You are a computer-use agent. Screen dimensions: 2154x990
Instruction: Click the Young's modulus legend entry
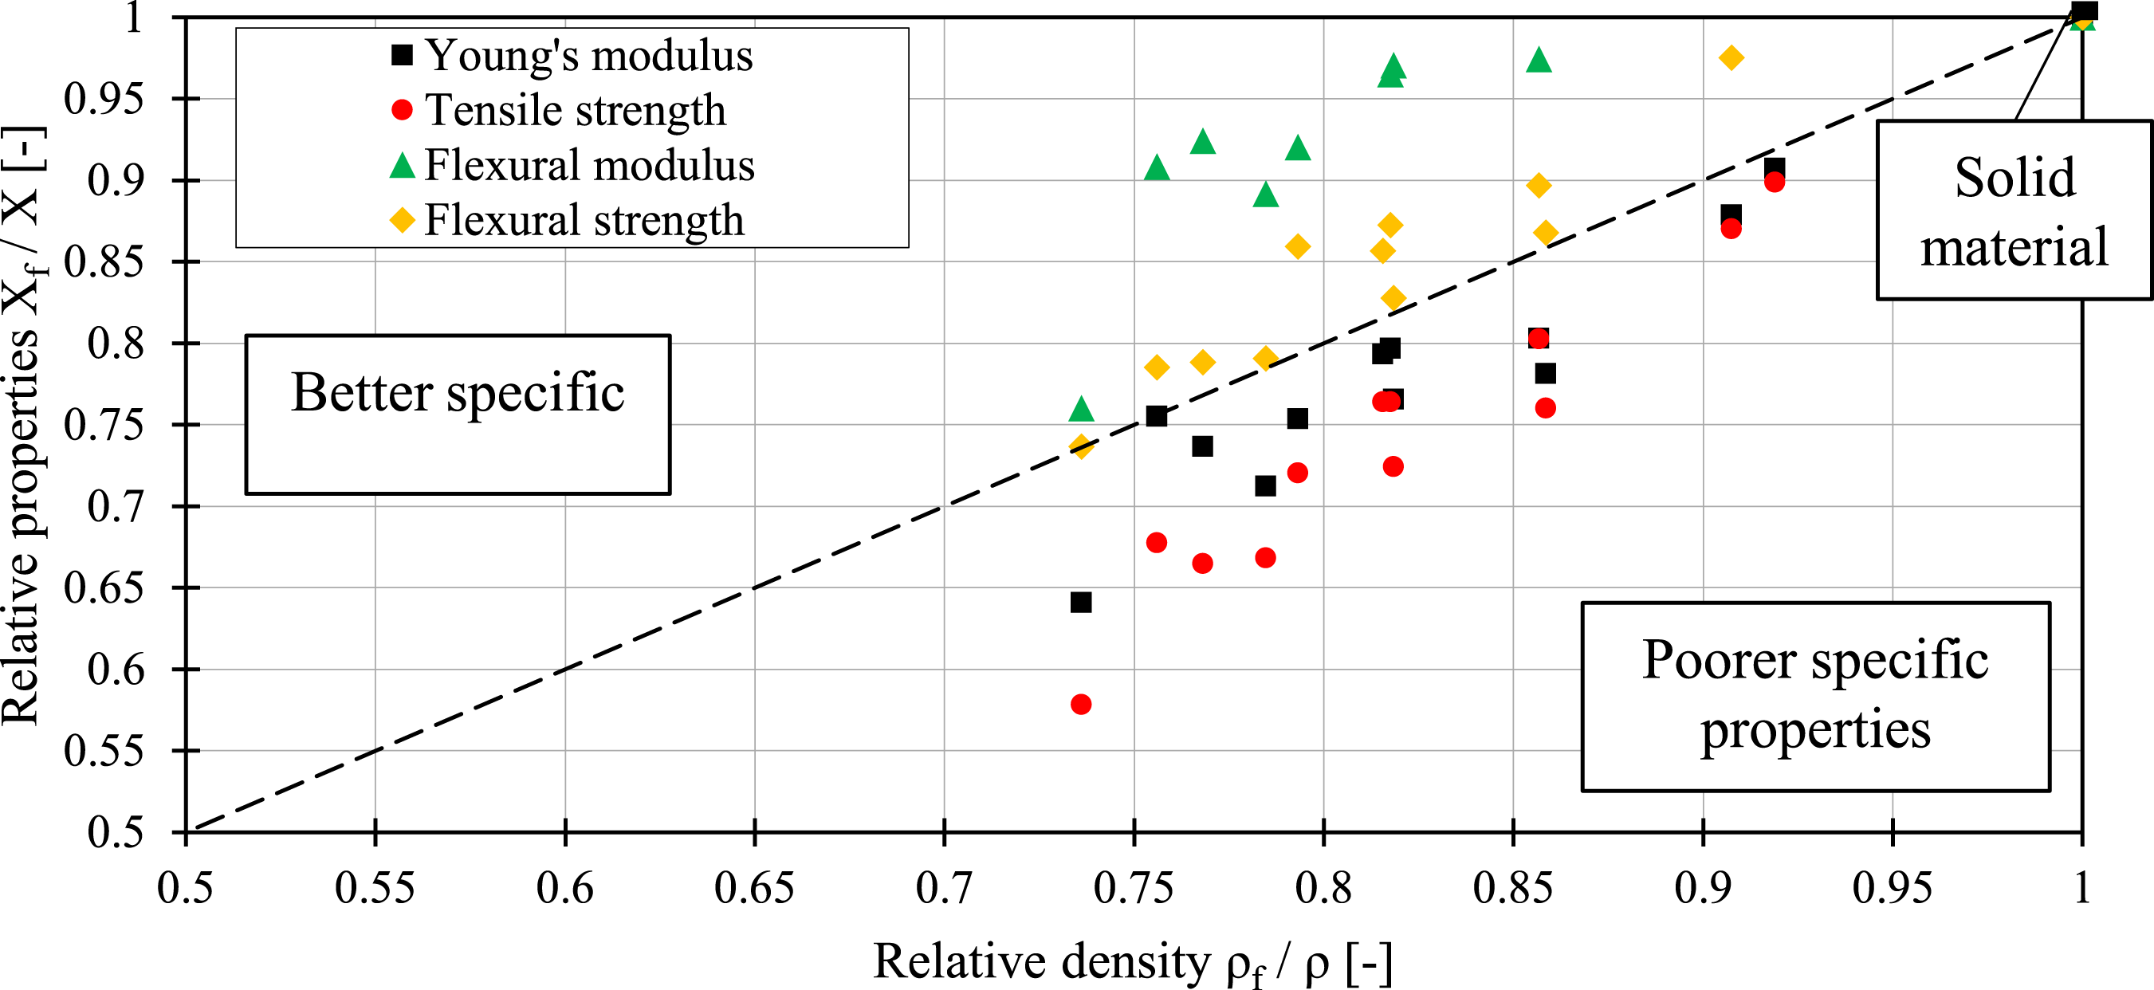pos(572,55)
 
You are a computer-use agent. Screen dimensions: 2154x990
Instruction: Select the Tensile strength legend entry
pos(559,109)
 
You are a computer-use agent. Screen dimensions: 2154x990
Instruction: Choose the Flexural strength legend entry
pos(567,220)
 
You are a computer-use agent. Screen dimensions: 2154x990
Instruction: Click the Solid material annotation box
pos(2014,210)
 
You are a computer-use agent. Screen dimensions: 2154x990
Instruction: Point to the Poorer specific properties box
pos(1815,696)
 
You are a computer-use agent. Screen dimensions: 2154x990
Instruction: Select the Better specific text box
pos(458,414)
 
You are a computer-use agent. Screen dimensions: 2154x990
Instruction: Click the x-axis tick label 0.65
pos(754,889)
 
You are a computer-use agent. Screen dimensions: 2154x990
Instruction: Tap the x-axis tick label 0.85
pos(1512,889)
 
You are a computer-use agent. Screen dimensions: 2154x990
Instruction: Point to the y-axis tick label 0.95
pos(104,99)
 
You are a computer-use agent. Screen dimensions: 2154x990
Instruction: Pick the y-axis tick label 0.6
pos(116,670)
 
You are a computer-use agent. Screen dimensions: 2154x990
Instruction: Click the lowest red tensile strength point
pos(1080,704)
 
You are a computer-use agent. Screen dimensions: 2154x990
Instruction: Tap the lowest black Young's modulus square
pos(1080,602)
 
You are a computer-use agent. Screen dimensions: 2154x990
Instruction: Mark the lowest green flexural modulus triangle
pos(1081,409)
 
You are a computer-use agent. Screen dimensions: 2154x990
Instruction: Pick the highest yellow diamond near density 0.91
pos(1731,57)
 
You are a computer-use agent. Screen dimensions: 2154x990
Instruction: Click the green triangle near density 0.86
pos(1539,59)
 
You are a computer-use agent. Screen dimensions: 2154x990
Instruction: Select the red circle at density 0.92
pos(1775,183)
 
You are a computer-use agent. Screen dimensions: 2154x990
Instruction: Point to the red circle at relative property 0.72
pos(1297,473)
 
